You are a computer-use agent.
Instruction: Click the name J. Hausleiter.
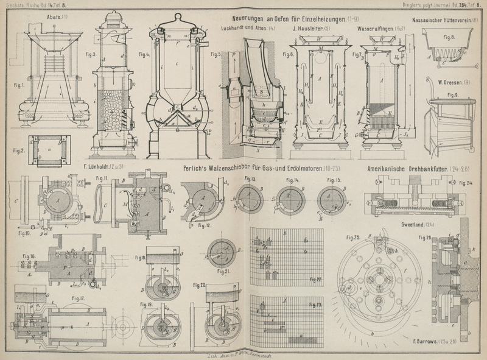pyautogui.click(x=310, y=27)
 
